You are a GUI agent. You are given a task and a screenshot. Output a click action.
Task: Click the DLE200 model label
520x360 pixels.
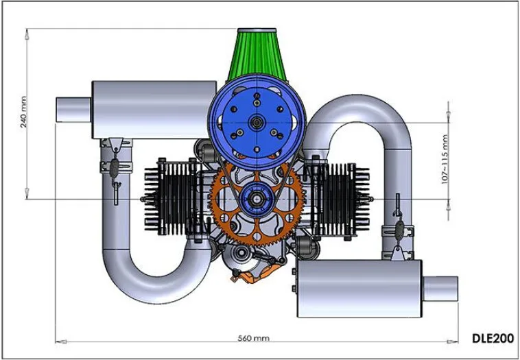coord(493,338)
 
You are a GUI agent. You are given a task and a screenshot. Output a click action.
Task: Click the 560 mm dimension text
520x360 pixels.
coord(254,339)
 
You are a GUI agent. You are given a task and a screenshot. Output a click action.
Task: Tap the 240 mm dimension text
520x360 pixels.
coord(23,112)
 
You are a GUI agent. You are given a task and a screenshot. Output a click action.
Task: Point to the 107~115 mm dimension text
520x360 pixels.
coord(445,159)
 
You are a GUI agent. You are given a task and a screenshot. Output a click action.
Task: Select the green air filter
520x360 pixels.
coord(257,55)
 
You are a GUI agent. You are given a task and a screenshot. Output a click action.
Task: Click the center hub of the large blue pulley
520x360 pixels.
coord(257,122)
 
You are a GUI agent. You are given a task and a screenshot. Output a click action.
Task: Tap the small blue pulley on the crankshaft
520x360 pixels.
coord(257,200)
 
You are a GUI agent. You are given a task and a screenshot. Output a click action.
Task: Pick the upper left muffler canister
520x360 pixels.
coord(154,110)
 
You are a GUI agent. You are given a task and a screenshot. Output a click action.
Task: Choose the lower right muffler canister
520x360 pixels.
coord(360,289)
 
